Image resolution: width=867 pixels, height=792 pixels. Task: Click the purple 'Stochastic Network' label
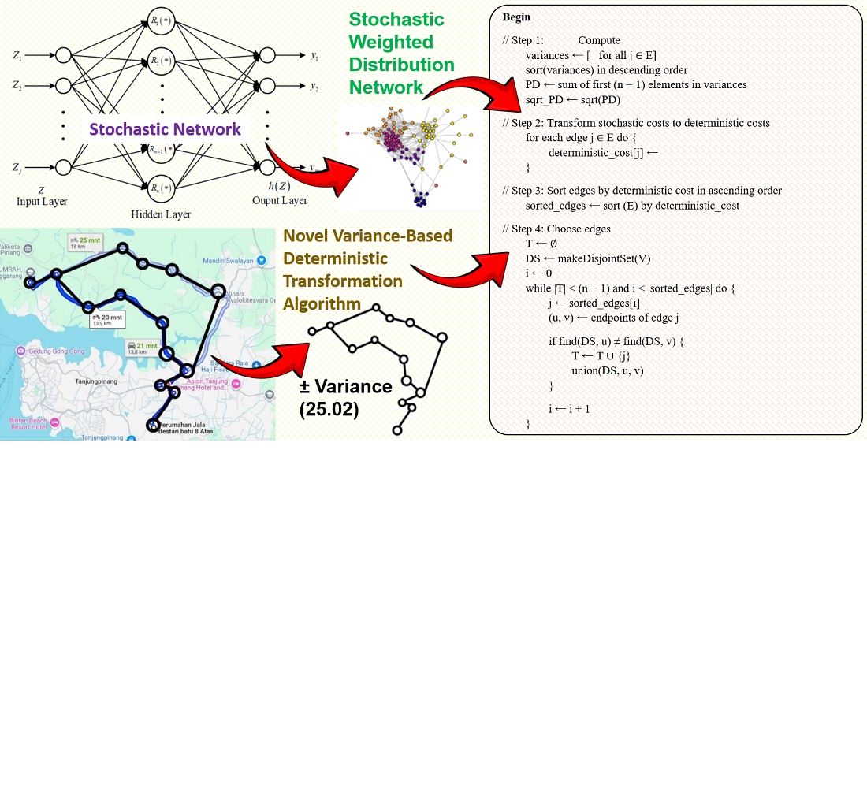coord(165,129)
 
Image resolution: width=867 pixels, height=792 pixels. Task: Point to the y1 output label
coord(314,57)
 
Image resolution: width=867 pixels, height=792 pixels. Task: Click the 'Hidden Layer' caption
coord(161,214)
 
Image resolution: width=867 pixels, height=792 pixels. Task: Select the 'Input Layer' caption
coord(42,202)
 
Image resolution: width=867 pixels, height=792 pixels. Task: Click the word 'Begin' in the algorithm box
coord(516,17)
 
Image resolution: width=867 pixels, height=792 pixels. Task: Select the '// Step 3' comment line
coord(642,191)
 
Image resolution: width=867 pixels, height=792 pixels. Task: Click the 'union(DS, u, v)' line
coord(608,370)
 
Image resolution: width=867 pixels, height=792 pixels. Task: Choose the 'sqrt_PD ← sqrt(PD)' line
coord(573,100)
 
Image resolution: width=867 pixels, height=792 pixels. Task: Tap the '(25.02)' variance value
coord(329,410)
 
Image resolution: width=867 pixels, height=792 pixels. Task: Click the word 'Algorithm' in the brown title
coord(322,304)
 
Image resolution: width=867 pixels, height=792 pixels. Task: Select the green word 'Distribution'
coord(401,65)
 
